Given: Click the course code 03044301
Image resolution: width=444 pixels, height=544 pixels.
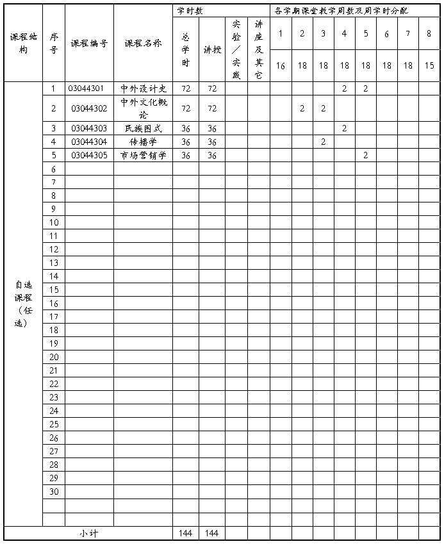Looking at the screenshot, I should click(89, 88).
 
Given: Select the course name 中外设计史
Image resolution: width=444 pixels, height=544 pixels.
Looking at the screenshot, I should click(143, 88).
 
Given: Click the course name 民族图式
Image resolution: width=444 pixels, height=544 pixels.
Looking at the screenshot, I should click(143, 128).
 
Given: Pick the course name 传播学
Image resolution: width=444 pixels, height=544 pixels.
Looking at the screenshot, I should click(143, 142).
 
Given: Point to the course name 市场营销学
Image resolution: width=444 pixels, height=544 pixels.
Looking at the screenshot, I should click(143, 155).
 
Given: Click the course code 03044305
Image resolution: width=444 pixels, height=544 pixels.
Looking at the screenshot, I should click(89, 155).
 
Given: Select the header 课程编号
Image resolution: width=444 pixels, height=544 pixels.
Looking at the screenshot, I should click(89, 44).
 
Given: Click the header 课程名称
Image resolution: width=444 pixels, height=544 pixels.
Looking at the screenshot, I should click(143, 44).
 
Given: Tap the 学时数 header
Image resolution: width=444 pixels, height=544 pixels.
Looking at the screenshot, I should click(190, 11).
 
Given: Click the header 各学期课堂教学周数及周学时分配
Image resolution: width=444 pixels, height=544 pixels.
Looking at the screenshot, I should click(340, 11).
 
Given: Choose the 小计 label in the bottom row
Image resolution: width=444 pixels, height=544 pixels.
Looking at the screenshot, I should click(88, 533).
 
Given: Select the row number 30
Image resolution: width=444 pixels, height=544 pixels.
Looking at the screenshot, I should click(54, 491).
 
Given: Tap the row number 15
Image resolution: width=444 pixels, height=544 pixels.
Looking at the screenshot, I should click(54, 290).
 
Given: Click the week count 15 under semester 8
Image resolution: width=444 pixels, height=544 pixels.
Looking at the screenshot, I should click(429, 66).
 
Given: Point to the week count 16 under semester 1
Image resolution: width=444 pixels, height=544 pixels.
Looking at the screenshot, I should click(281, 66).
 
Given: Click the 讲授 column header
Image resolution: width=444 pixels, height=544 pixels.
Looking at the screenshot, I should click(211, 49).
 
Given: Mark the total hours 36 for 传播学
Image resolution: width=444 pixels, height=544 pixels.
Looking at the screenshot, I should click(186, 142).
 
